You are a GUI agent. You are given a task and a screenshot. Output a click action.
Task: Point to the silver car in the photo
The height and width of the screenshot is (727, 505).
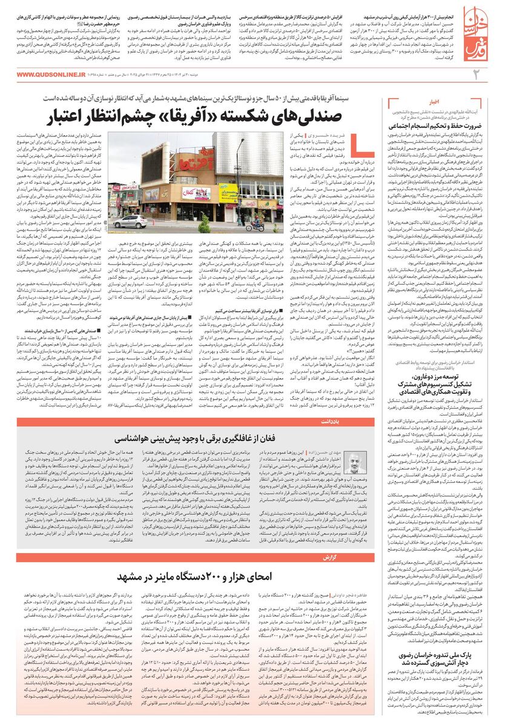(129, 221)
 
